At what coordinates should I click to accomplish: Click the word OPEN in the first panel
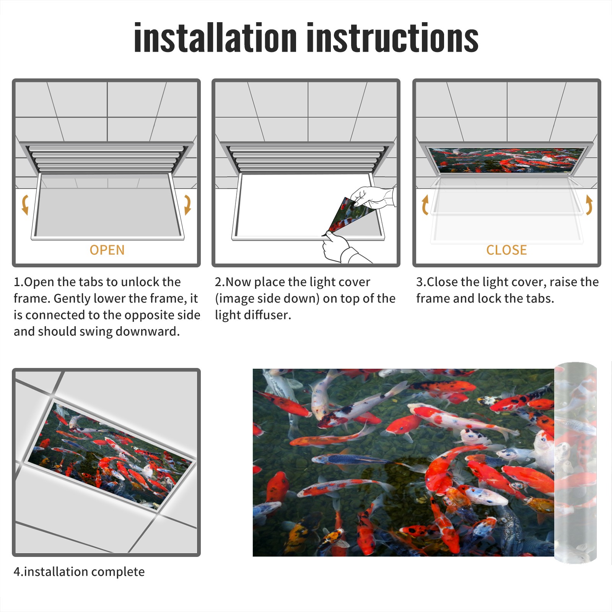pyautogui.click(x=107, y=250)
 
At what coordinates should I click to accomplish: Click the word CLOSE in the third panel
pyautogui.click(x=506, y=250)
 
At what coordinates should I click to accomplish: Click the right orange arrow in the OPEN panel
pyautogui.click(x=188, y=205)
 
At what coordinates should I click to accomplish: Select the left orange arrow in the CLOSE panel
pyautogui.click(x=425, y=205)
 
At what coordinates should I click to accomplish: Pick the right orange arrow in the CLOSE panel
pyautogui.click(x=589, y=205)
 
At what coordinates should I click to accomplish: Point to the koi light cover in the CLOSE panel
pyautogui.click(x=506, y=160)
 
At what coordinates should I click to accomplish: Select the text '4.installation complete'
pyautogui.click(x=79, y=572)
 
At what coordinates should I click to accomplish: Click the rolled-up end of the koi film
pyautogui.click(x=575, y=463)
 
